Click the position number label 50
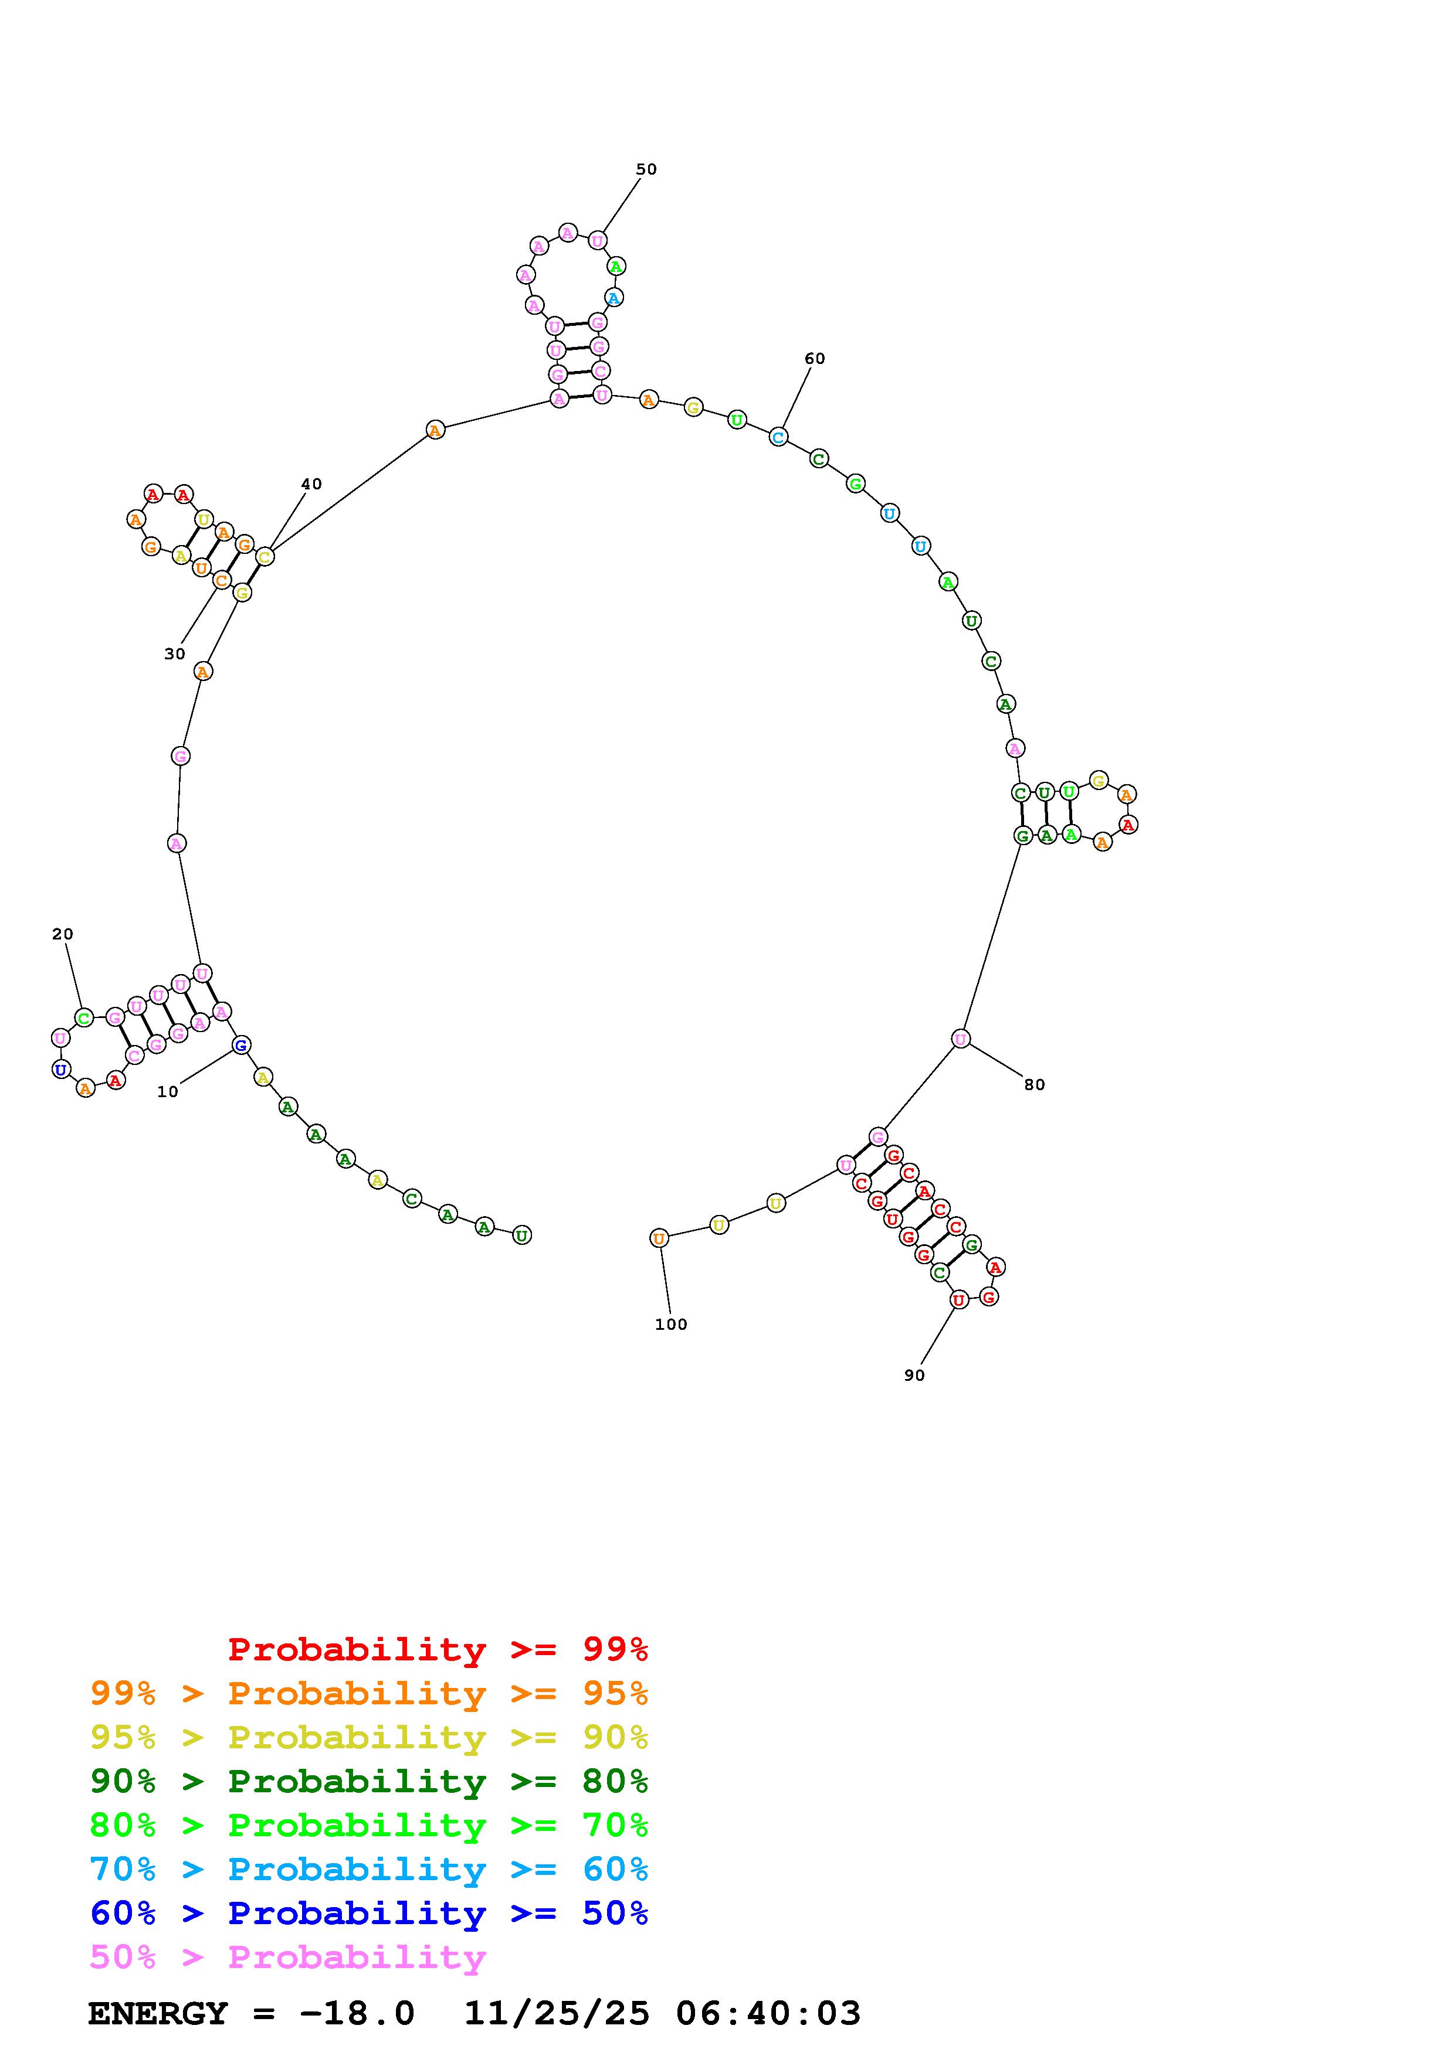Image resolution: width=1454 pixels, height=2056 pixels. tap(646, 169)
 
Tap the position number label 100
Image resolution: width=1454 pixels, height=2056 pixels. tap(671, 1325)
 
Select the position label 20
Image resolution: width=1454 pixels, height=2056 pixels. tap(63, 934)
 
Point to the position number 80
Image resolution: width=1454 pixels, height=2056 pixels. tap(1035, 1084)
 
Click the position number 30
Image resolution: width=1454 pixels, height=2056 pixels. tap(175, 653)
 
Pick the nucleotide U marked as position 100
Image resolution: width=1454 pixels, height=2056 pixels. tap(659, 1238)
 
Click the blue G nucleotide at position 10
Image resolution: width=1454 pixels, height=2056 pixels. tap(241, 1045)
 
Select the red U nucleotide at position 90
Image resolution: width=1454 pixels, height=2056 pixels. tap(958, 1300)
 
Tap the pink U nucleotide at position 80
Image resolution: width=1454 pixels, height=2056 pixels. tap(960, 1039)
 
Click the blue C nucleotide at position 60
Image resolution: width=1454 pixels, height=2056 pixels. tap(778, 437)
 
